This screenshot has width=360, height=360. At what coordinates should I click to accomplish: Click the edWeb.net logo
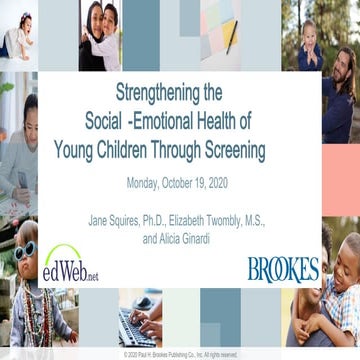click(70, 265)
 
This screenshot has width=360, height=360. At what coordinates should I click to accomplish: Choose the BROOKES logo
click(283, 268)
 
